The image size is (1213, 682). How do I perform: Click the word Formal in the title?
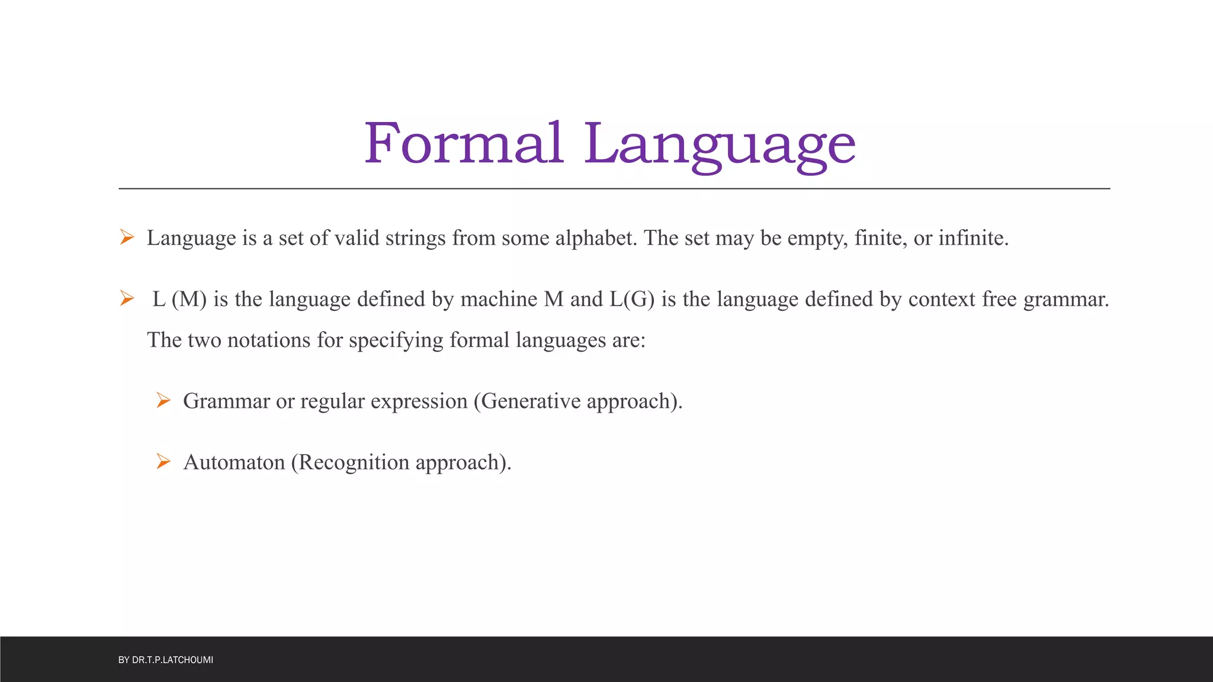pyautogui.click(x=463, y=143)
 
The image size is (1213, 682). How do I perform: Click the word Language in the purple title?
pyautogui.click(x=720, y=145)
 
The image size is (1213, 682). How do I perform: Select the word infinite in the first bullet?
pyautogui.click(x=973, y=238)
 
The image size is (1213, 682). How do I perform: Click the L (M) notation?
pyautogui.click(x=179, y=299)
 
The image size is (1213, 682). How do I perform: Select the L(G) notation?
pyautogui.click(x=632, y=299)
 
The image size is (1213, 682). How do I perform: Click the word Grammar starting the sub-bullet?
pyautogui.click(x=226, y=401)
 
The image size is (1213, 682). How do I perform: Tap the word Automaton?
pyautogui.click(x=234, y=462)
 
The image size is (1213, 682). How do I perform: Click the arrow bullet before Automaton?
pyautogui.click(x=163, y=461)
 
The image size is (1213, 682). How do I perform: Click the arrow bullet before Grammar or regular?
pyautogui.click(x=163, y=401)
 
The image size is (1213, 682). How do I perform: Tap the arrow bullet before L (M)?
pyautogui.click(x=127, y=298)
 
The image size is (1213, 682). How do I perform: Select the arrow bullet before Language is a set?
pyautogui.click(x=127, y=237)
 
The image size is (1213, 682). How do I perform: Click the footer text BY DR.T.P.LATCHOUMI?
pyautogui.click(x=166, y=660)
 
